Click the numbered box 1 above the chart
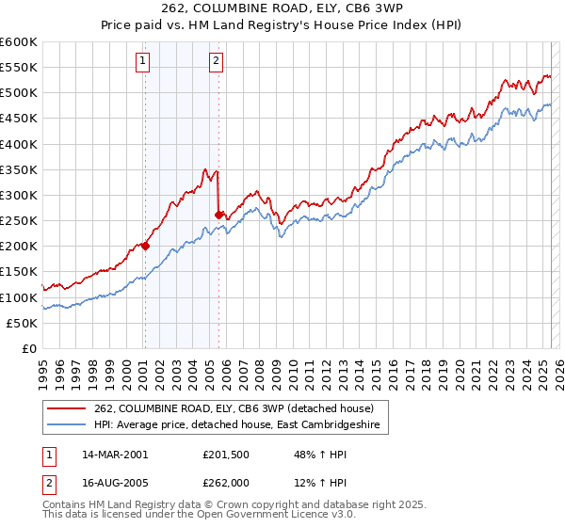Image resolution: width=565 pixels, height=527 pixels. [x=142, y=62]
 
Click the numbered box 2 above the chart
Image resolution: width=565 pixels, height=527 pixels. [x=216, y=62]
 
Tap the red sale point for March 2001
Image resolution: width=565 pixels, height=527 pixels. [x=145, y=246]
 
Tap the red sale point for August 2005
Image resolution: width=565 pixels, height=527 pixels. [x=218, y=215]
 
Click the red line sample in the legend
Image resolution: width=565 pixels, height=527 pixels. [x=67, y=408]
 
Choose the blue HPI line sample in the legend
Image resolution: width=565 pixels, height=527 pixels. [x=67, y=425]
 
